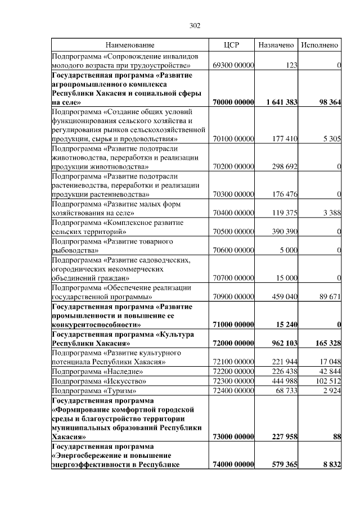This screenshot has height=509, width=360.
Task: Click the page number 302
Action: point(195,26)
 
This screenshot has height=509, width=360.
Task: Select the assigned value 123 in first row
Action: point(291,66)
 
